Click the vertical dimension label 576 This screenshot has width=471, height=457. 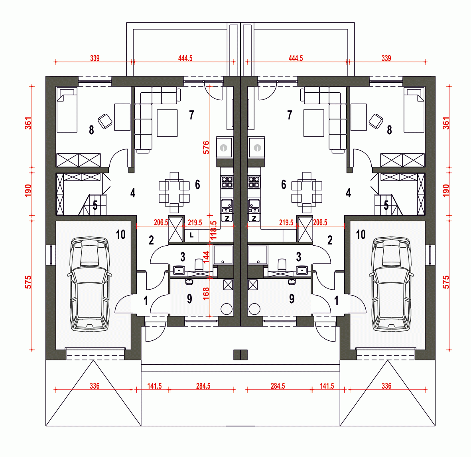206,147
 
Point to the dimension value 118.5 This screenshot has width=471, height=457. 213,230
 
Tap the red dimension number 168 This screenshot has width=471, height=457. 206,293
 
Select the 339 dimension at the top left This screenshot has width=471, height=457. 95,58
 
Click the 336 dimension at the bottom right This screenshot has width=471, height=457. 386,386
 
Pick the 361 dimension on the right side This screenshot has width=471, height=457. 446,123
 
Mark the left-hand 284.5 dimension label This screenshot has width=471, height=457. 203,386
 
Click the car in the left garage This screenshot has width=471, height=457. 89,284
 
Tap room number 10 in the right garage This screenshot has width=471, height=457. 361,234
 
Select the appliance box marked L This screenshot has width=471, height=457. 191,235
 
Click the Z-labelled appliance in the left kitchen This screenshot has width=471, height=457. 227,219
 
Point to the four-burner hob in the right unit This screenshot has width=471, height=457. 254,182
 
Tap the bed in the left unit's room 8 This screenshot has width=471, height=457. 67,110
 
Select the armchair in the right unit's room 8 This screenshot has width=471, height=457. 376,121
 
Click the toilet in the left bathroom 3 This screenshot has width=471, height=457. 199,264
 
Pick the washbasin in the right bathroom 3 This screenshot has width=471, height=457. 302,270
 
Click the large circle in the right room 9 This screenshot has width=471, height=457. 254,309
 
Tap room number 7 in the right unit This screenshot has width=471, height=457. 290,115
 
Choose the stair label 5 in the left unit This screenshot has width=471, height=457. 95,205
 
